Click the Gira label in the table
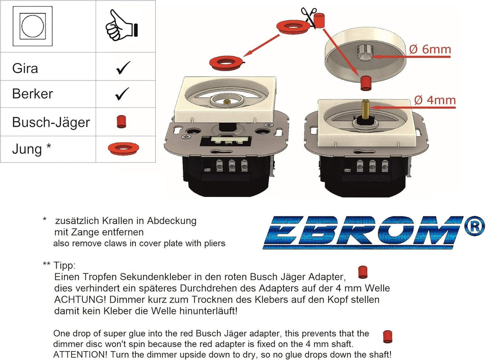(25, 68)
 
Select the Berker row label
(32, 94)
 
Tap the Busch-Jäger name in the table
(51, 122)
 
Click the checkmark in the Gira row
(123, 67)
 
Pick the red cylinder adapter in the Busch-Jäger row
(121, 122)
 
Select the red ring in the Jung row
(123, 148)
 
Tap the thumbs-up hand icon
(121, 26)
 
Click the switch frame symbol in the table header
(32, 26)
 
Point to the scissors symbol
(309, 17)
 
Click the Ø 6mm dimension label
(430, 49)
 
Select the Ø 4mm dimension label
(435, 100)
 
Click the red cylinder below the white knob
(366, 83)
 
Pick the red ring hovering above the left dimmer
(226, 63)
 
